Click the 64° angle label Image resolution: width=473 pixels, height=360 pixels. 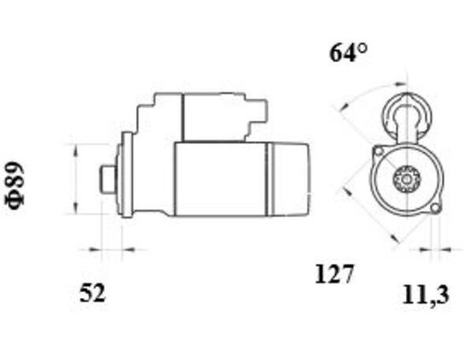[348, 53]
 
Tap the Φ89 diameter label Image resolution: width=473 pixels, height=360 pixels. [14, 185]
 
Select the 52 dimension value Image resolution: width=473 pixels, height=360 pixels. [92, 293]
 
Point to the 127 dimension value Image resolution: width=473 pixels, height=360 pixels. [333, 274]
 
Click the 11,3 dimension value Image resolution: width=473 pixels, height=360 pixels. [426, 295]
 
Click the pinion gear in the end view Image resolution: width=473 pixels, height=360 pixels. [407, 180]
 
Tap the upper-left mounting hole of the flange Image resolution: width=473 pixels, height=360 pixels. [378, 150]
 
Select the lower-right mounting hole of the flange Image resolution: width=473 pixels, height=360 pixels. [434, 208]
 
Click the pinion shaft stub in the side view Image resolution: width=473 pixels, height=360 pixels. [108, 179]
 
